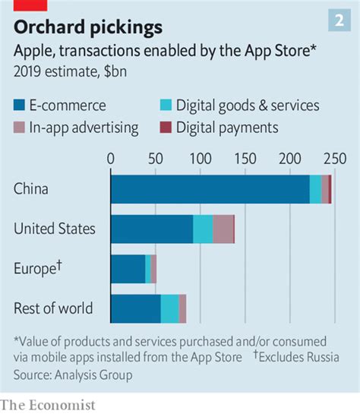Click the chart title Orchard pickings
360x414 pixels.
pos(88,27)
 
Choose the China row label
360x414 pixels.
pos(31,188)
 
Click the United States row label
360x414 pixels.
pos(55,229)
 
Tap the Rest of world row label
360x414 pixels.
pos(53,308)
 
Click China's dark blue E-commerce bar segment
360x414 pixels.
pos(210,188)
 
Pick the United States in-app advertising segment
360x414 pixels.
pos(223,229)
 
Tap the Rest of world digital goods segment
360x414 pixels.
pos(169,308)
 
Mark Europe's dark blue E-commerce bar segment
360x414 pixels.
pos(128,269)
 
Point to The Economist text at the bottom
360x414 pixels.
pos(48,405)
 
